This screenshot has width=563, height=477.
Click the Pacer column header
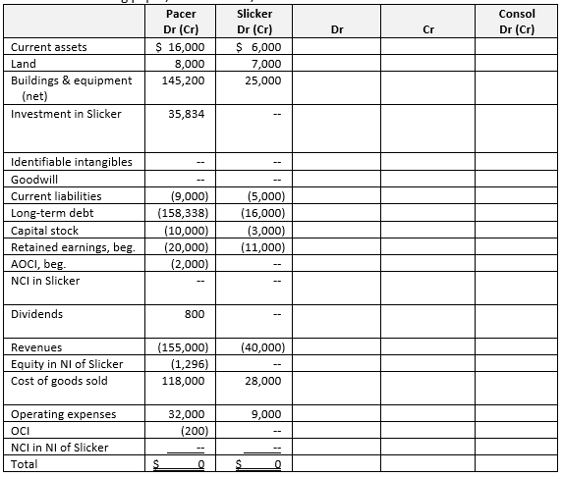[x=180, y=14]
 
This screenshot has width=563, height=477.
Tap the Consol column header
[x=516, y=14]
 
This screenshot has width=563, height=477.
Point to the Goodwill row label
[x=37, y=180]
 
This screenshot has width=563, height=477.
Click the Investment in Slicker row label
[x=66, y=114]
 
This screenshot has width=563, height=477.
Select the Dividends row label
[x=37, y=314]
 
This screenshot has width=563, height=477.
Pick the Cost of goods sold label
[x=59, y=381]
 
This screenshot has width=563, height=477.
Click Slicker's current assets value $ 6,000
[x=259, y=47]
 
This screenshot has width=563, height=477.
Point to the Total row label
[x=25, y=463]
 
